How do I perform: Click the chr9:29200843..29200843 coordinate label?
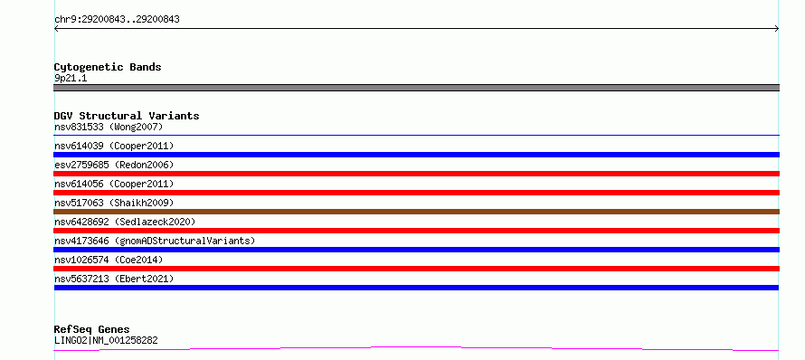point(117,20)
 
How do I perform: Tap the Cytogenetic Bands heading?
point(108,67)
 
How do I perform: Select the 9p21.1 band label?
point(71,78)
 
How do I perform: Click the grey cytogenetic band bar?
point(416,88)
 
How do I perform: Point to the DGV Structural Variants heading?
point(127,116)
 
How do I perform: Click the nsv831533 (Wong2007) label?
point(109,127)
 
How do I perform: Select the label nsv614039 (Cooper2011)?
point(114,146)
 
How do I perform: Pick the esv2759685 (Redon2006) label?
point(114,165)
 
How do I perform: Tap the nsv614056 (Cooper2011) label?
point(114,184)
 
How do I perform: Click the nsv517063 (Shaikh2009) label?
point(114,203)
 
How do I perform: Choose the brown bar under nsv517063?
point(416,212)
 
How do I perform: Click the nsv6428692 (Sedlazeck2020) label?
point(125,222)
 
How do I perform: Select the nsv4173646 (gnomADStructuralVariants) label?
point(155,241)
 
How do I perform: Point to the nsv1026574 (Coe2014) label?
point(109,260)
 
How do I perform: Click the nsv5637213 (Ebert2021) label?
point(114,279)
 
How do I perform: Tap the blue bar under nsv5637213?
point(416,288)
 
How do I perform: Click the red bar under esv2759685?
point(416,174)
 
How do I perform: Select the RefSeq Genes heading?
point(91,329)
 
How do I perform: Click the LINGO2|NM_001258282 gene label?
point(106,340)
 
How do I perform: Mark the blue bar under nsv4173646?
point(416,250)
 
